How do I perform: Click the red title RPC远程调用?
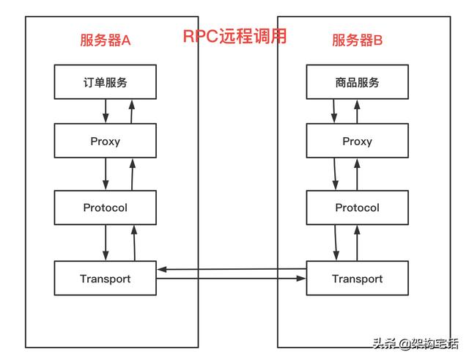[234, 37]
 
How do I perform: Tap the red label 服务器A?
[105, 40]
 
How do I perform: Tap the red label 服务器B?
[358, 40]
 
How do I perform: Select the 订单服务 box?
[106, 82]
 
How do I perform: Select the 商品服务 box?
[357, 82]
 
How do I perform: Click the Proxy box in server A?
[106, 142]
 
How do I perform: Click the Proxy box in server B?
[357, 142]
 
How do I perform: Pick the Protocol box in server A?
[106, 207]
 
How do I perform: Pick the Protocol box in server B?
[357, 207]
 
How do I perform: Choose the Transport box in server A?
[106, 279]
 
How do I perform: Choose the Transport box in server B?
[357, 279]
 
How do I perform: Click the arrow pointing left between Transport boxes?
[232, 270]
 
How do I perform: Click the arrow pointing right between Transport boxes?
[232, 279]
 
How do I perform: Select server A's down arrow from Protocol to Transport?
[106, 242]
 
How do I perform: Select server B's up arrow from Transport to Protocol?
[358, 242]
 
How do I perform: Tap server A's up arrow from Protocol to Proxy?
[132, 175]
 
